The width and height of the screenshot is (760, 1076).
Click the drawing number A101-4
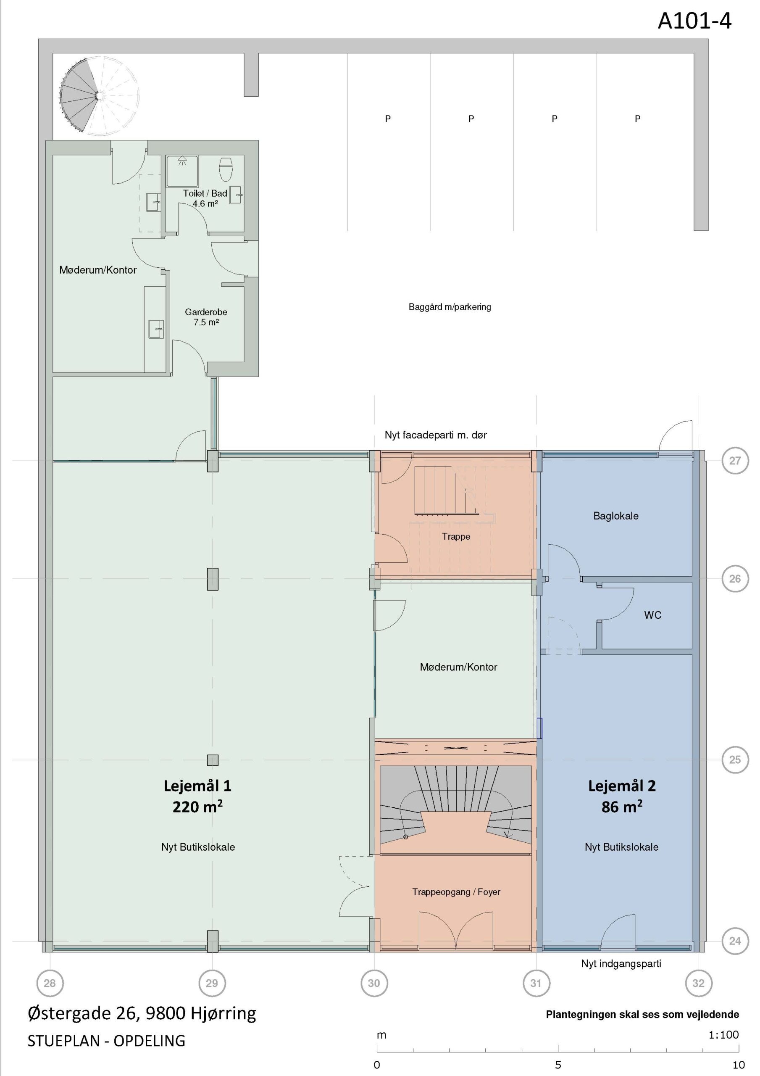694,21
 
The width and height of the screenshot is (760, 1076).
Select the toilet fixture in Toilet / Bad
226,169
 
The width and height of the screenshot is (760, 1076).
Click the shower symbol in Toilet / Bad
182,171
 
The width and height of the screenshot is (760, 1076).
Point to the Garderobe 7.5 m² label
206,317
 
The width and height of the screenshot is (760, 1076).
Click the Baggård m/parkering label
450,307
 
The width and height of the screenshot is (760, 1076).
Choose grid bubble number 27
735,461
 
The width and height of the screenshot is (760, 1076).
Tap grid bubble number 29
212,983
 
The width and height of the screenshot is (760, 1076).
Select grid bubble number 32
698,983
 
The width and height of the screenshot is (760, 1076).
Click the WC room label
653,615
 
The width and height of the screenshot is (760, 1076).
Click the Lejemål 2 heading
622,786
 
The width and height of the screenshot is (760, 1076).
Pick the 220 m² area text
197,807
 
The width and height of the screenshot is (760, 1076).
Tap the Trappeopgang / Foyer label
456,892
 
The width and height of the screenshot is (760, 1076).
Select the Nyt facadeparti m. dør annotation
436,435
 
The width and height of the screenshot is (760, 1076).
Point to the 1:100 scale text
723,1035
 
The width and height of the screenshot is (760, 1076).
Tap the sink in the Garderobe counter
156,329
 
